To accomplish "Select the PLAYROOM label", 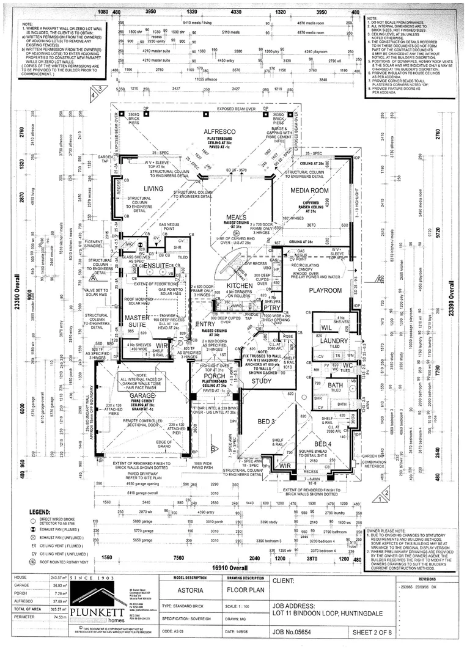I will click(325, 290).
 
